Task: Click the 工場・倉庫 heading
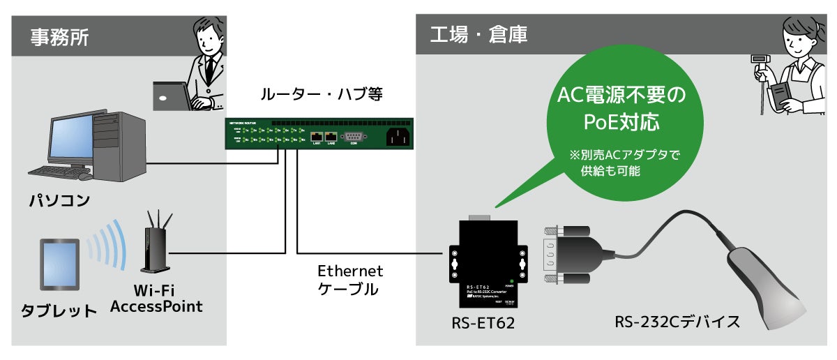click(478, 33)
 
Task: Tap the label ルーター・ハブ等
click(321, 94)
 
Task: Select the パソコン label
click(59, 201)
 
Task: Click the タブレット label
click(59, 310)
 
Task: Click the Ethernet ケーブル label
click(350, 279)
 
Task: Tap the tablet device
click(59, 265)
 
